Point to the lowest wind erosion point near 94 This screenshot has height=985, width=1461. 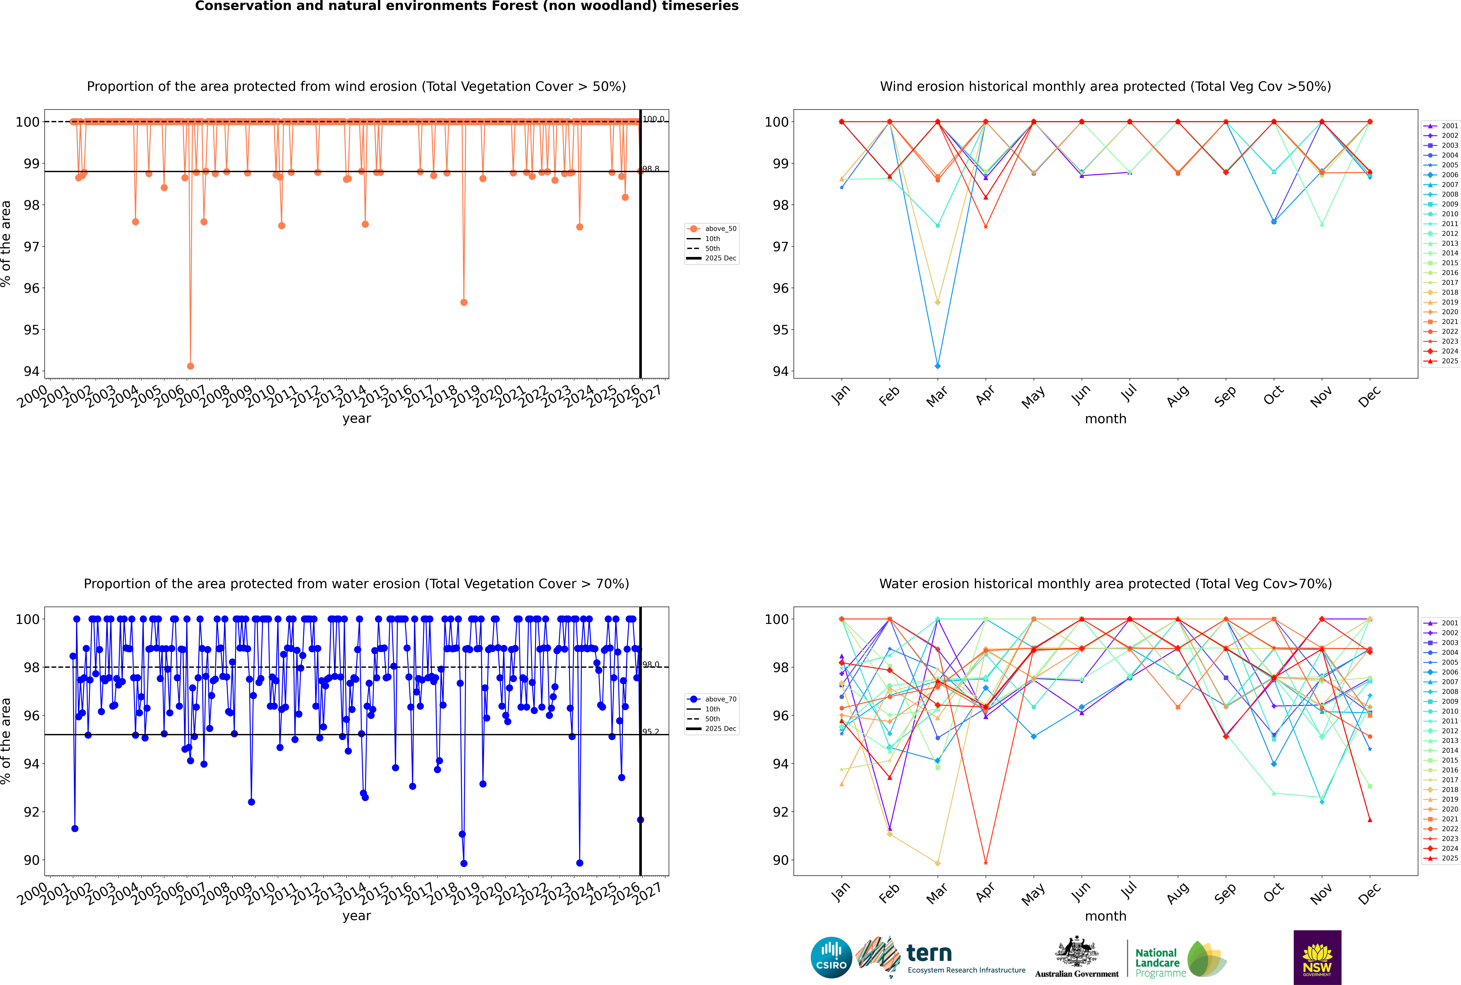click(190, 366)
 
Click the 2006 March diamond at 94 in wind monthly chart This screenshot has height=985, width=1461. click(938, 366)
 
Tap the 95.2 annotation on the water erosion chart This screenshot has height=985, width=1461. click(651, 732)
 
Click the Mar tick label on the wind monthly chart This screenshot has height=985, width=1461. click(936, 396)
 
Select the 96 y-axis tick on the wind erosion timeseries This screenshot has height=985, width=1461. click(31, 288)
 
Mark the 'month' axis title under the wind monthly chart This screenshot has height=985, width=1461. click(1105, 419)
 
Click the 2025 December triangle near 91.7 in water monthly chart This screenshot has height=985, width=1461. click(1370, 820)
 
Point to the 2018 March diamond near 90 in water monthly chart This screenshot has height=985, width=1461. click(938, 863)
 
